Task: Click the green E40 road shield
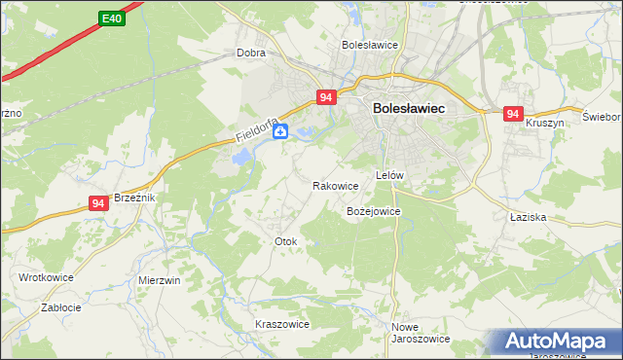[x=112, y=18]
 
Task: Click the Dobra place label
[x=251, y=54]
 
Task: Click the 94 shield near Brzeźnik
[x=97, y=202]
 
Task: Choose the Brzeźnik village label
[x=135, y=197]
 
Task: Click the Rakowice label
[x=336, y=185]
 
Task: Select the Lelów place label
[x=389, y=175]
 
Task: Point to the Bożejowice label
[x=374, y=210]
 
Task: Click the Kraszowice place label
[x=281, y=324]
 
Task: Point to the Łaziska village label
[x=529, y=217]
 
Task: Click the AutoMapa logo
[x=560, y=342]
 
